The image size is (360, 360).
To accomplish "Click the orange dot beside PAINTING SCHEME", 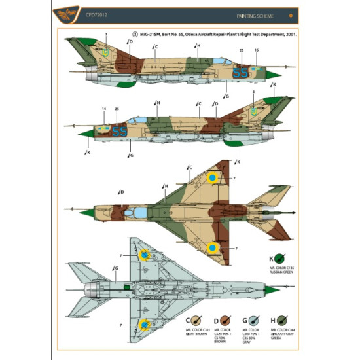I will (x=290, y=14).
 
